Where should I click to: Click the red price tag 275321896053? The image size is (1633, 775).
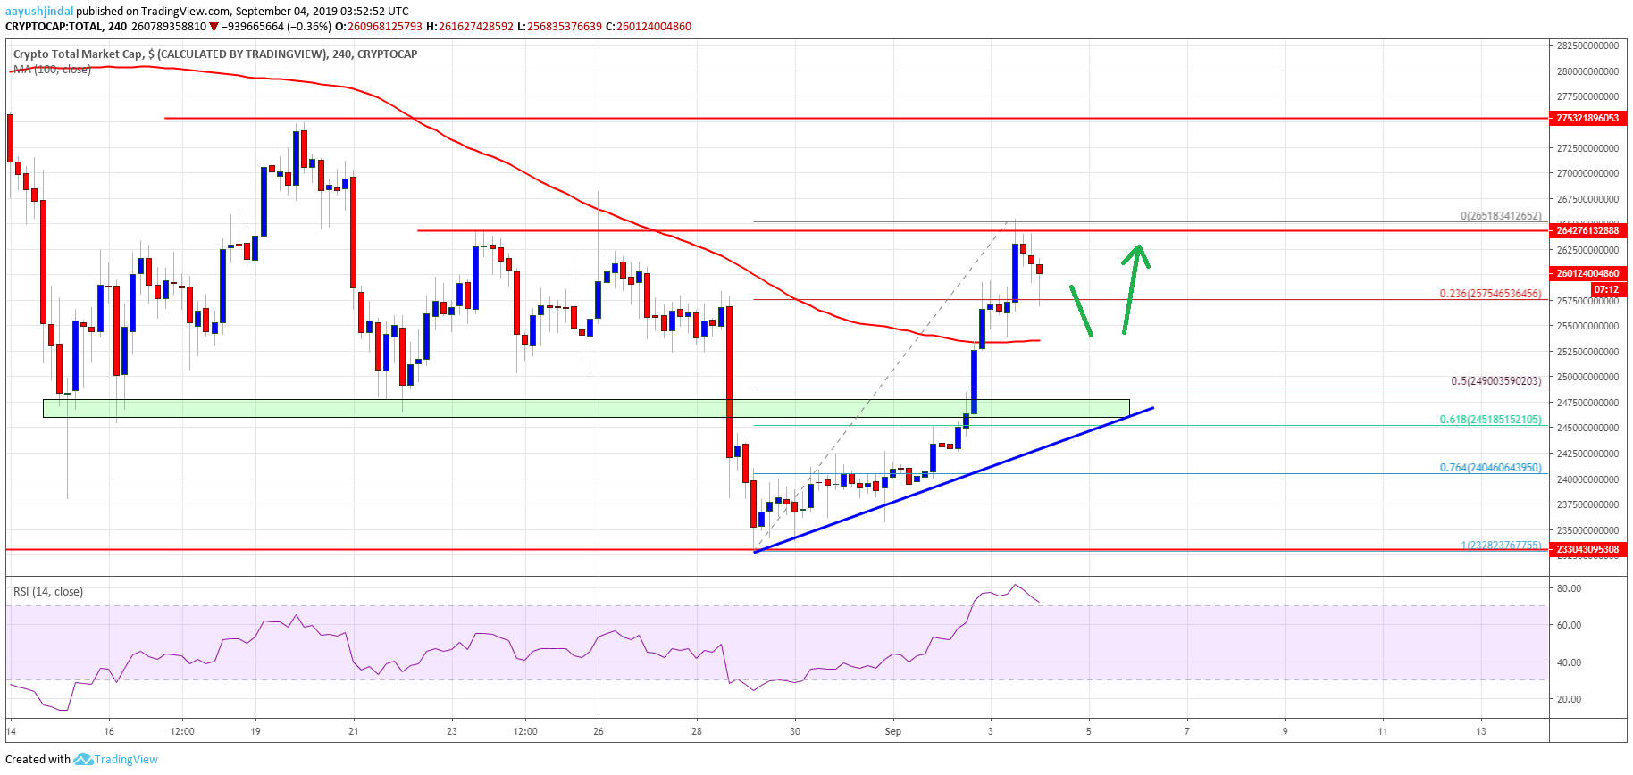(x=1587, y=118)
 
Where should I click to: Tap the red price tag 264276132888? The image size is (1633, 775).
(x=1587, y=230)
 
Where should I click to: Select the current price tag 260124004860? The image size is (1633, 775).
(x=1587, y=273)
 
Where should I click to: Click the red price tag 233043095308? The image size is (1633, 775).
(x=1587, y=550)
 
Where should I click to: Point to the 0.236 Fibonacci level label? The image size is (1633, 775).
(x=1490, y=293)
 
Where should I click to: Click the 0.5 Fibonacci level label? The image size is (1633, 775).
(x=1495, y=380)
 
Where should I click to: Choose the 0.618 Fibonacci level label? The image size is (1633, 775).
(x=1490, y=419)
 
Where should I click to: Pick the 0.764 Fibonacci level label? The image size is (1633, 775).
(x=1490, y=467)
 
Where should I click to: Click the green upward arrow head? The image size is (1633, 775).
(x=1137, y=254)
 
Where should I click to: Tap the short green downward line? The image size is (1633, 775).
(x=1081, y=311)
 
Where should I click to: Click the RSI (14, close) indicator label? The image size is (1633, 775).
(x=48, y=591)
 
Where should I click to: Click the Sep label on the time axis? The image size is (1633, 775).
(x=893, y=731)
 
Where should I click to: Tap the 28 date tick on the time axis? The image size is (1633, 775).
(x=697, y=731)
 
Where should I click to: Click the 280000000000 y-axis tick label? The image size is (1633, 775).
(x=1587, y=71)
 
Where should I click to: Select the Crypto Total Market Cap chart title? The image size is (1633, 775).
(x=214, y=54)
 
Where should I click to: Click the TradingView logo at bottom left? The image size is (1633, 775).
(x=116, y=760)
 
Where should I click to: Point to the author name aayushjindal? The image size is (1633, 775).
(x=39, y=12)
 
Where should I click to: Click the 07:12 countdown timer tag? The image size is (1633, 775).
(x=1606, y=289)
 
